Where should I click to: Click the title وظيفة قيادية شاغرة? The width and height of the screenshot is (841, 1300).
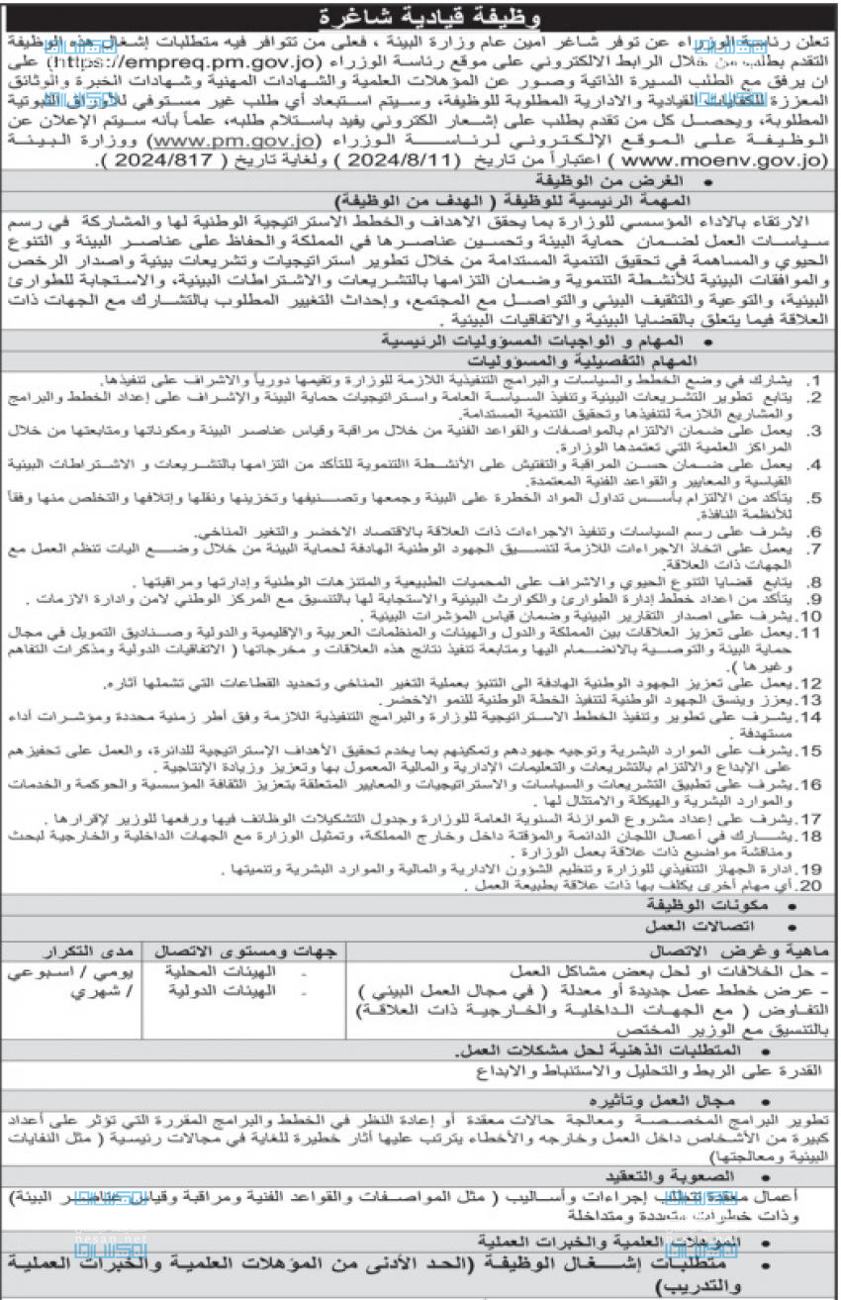tap(420, 17)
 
